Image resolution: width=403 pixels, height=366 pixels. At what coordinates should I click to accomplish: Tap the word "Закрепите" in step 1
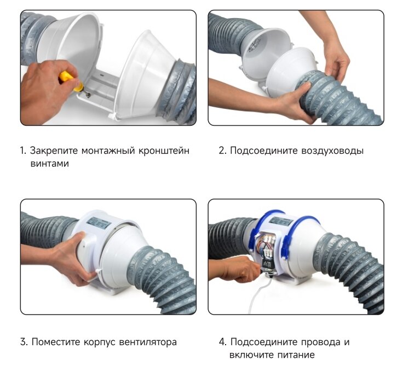(54, 151)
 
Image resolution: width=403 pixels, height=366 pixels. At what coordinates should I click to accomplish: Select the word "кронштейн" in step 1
(164, 151)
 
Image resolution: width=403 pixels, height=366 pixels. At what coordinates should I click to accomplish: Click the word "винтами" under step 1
(50, 164)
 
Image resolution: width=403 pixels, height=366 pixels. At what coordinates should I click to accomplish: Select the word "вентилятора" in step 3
(148, 342)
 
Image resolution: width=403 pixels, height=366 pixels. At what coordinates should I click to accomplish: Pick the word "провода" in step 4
(319, 342)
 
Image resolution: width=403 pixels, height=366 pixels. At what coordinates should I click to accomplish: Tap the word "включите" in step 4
(251, 355)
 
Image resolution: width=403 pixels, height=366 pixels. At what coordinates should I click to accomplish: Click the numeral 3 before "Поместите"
(23, 342)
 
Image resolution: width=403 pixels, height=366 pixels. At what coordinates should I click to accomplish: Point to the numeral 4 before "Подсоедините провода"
(222, 342)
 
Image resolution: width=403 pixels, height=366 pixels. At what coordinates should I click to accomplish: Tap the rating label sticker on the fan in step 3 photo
(100, 223)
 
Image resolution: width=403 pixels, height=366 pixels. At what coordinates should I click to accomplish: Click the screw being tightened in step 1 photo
(88, 95)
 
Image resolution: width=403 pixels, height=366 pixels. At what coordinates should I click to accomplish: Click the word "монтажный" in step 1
(108, 151)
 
